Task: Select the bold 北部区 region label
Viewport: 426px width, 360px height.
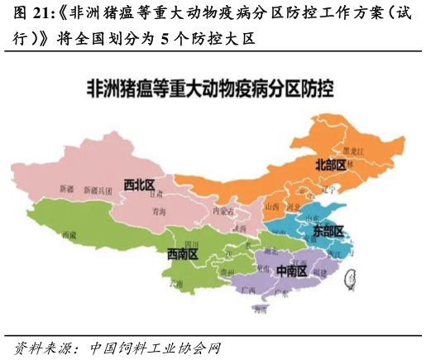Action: [330, 164]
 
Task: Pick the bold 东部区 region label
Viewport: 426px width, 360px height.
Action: [328, 232]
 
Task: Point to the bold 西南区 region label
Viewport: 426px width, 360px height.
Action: [183, 254]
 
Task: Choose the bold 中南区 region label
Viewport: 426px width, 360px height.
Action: [291, 271]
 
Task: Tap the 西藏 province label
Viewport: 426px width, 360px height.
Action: [69, 235]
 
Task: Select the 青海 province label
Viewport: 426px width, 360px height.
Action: [159, 212]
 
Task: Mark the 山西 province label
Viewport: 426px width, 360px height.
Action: [272, 206]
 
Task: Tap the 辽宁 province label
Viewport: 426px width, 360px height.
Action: [333, 190]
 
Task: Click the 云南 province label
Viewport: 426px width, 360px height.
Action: [176, 283]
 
